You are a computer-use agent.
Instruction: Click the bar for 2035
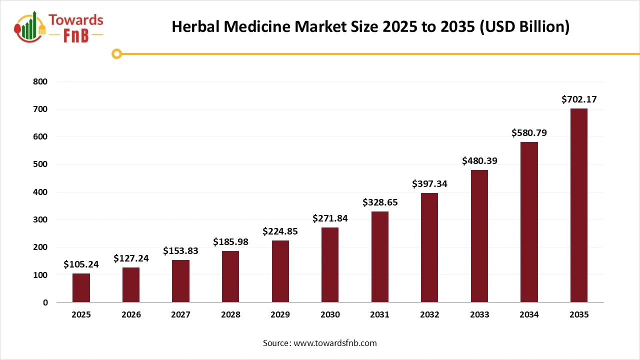pos(579,205)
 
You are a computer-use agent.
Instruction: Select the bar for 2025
pos(81,288)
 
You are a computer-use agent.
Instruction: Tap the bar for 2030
pos(330,265)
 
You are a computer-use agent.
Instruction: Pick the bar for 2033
pos(479,236)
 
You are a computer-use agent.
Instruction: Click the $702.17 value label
pos(579,99)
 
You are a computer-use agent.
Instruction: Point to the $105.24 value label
pos(81,264)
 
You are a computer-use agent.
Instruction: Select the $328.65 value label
pos(380,202)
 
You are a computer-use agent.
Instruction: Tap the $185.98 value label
pos(230,242)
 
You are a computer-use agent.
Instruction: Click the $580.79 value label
pos(529,133)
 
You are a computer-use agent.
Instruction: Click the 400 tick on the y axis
pos(41,192)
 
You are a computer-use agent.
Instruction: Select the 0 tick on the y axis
pos(45,302)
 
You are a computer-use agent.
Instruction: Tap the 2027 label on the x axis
pos(180,314)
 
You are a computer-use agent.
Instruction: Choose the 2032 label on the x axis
pos(429,314)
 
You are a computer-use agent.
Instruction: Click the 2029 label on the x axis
pos(280,314)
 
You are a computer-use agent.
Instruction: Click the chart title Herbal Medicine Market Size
pos(370,27)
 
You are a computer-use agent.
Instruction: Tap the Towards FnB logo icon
pos(29,26)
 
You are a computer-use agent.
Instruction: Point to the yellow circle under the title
pos(116,53)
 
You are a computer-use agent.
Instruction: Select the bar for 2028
pos(230,276)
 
